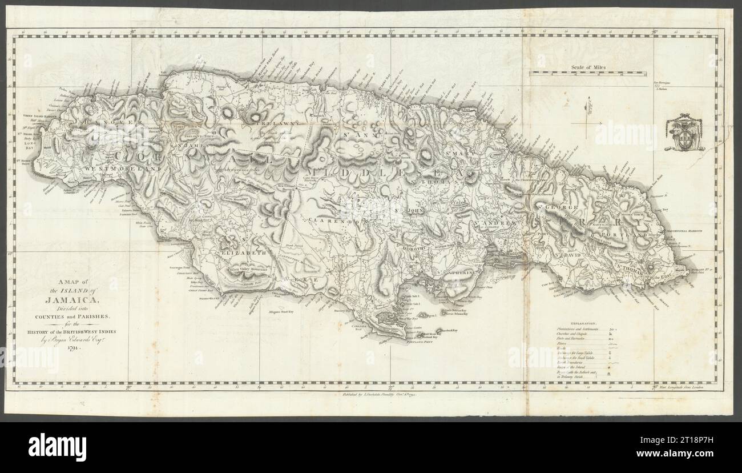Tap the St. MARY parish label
point(459,153)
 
